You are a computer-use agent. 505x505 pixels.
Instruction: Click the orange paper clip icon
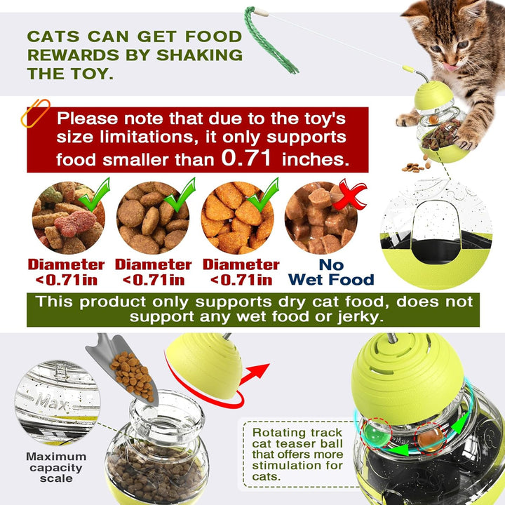pos(35,114)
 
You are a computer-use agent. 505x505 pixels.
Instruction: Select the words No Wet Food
pos(330,272)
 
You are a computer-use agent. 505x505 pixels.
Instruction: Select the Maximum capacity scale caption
pos(56,467)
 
